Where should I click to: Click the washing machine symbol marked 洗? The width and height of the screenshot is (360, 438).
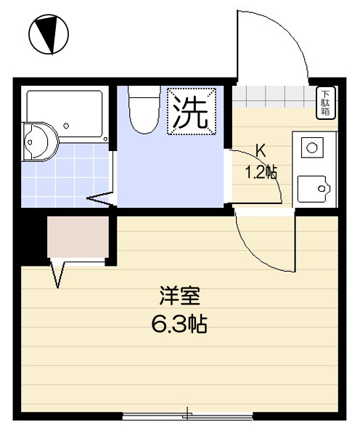[x=192, y=111]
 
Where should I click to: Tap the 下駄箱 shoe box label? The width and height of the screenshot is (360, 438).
[x=326, y=102]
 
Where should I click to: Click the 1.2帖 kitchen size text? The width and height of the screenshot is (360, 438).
[x=261, y=173]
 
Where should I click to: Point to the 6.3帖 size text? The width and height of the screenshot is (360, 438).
[x=179, y=324]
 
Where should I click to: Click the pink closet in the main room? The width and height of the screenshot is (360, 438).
[x=77, y=237]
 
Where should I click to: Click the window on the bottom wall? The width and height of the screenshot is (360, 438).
[x=187, y=416]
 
